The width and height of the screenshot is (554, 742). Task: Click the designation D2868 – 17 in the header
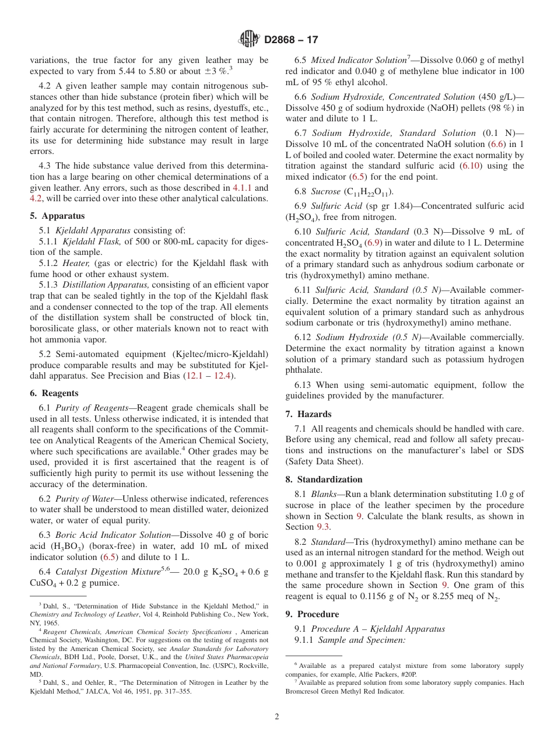tap(291, 40)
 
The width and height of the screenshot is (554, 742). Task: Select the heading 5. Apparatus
tap(57, 215)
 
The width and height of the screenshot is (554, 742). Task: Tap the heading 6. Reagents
tap(54, 393)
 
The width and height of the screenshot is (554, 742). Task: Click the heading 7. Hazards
tap(308, 414)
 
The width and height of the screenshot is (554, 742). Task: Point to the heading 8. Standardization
tap(324, 480)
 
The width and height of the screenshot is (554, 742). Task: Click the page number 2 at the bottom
tap(277, 717)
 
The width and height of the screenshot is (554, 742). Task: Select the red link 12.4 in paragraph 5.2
tap(222, 376)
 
